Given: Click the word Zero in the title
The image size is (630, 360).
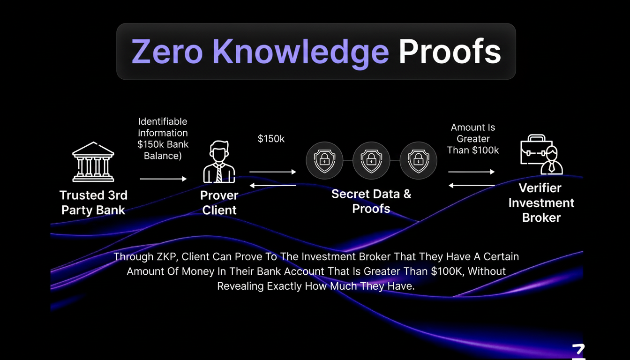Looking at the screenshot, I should [167, 51].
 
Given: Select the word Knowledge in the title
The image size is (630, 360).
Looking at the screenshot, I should [300, 51].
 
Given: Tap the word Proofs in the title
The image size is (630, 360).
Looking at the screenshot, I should [450, 51].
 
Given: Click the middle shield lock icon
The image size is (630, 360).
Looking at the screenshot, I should [371, 160].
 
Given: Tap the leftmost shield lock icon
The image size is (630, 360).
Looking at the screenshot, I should [324, 160].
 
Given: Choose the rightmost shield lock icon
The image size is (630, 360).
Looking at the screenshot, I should [418, 160].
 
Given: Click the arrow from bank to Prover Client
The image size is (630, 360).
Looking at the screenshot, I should [163, 179].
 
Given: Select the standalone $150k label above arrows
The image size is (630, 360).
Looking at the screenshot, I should [271, 139].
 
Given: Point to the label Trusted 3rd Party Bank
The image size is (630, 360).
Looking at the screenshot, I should [93, 202].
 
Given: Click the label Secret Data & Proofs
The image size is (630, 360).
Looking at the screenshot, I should [371, 201].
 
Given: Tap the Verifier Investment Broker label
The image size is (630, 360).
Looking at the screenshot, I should [541, 202].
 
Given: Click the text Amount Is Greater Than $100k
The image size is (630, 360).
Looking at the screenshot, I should [472, 139].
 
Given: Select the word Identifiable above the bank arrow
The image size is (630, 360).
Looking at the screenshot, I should [163, 122].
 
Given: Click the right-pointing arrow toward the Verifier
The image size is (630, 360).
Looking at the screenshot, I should [472, 172].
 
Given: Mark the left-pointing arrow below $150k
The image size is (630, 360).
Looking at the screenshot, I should [273, 186].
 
